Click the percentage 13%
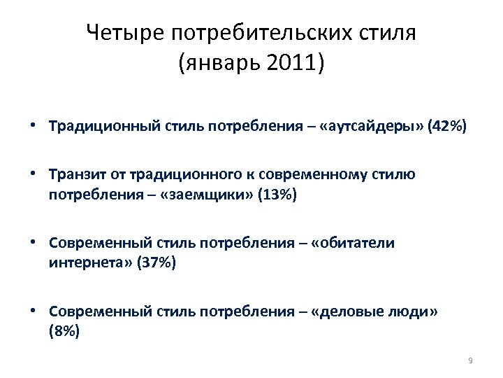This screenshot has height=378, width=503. pyautogui.click(x=277, y=195)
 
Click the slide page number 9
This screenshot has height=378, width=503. pyautogui.click(x=470, y=360)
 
